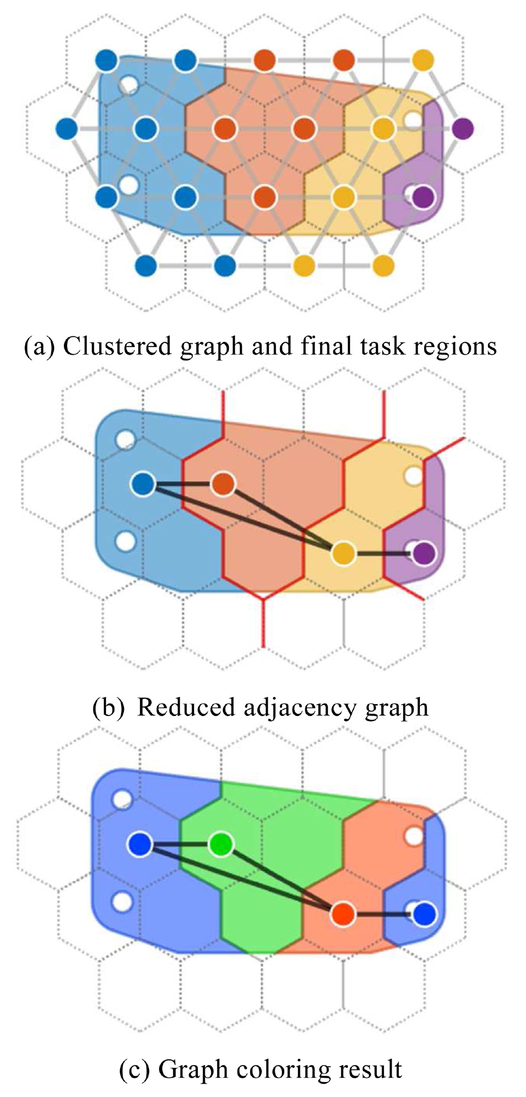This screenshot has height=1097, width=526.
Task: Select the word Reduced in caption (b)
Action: [186, 707]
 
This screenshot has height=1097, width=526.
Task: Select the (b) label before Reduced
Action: [109, 708]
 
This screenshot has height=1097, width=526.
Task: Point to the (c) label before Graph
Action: [135, 1069]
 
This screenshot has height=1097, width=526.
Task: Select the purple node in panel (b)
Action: [424, 554]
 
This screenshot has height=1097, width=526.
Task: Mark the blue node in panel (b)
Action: [143, 484]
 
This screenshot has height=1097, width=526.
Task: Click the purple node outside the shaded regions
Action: [463, 128]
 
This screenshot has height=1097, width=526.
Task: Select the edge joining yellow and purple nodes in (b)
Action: [384, 554]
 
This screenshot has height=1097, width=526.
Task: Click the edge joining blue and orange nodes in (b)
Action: [183, 484]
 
